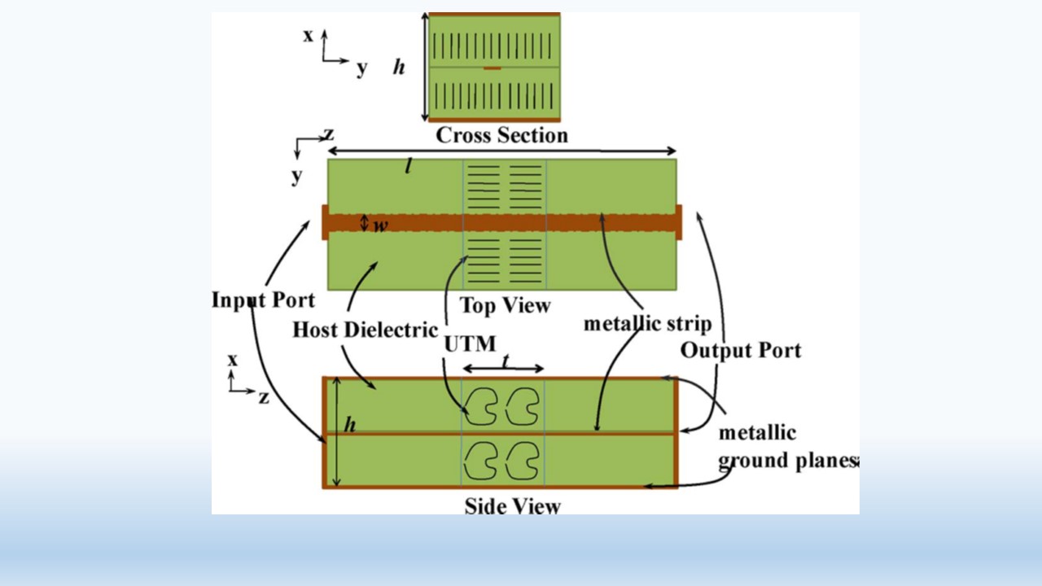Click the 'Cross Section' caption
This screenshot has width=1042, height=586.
pyautogui.click(x=501, y=135)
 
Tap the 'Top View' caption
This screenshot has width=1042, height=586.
pyautogui.click(x=505, y=306)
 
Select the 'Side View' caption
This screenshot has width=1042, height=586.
pyautogui.click(x=512, y=506)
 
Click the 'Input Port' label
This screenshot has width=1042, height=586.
pyautogui.click(x=263, y=300)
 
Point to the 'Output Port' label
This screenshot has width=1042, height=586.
pyautogui.click(x=740, y=350)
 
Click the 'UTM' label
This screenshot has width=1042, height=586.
pyautogui.click(x=469, y=343)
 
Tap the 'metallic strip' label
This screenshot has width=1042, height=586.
pyautogui.click(x=647, y=323)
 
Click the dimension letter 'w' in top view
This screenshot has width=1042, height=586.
pyautogui.click(x=380, y=225)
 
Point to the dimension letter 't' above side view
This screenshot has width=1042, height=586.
pyautogui.click(x=505, y=362)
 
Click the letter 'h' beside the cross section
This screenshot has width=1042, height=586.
pyautogui.click(x=399, y=68)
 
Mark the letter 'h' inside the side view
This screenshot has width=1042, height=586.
pyautogui.click(x=349, y=425)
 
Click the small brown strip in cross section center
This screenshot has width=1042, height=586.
pyautogui.click(x=492, y=68)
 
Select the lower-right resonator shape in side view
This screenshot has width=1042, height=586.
pyautogui.click(x=522, y=461)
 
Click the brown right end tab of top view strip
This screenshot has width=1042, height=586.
pyautogui.click(x=678, y=222)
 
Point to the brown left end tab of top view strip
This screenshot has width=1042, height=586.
pyautogui.click(x=325, y=222)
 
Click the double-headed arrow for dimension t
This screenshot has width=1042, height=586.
pyautogui.click(x=503, y=370)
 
